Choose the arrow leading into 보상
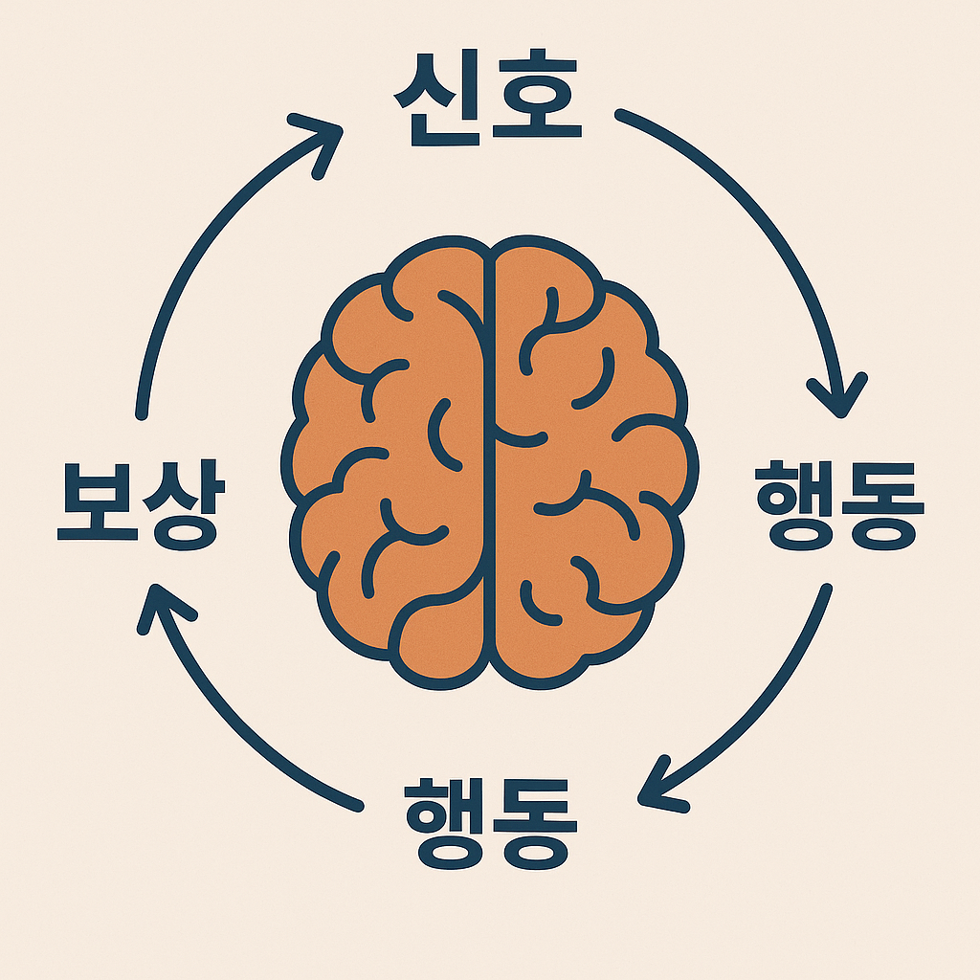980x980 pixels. point(230,727)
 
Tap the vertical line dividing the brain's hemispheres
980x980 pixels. point(490,459)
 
